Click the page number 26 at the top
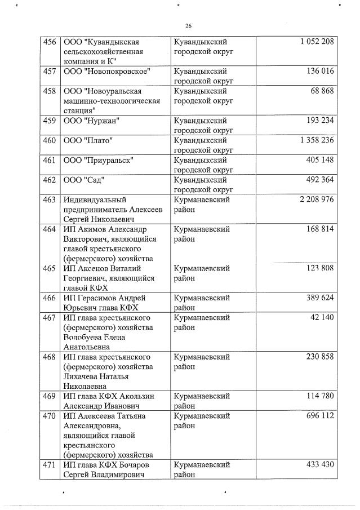tap(188, 26)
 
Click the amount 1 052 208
tap(313, 42)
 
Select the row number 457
tap(49, 72)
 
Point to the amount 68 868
tap(322, 91)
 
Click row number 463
tap(49, 199)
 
